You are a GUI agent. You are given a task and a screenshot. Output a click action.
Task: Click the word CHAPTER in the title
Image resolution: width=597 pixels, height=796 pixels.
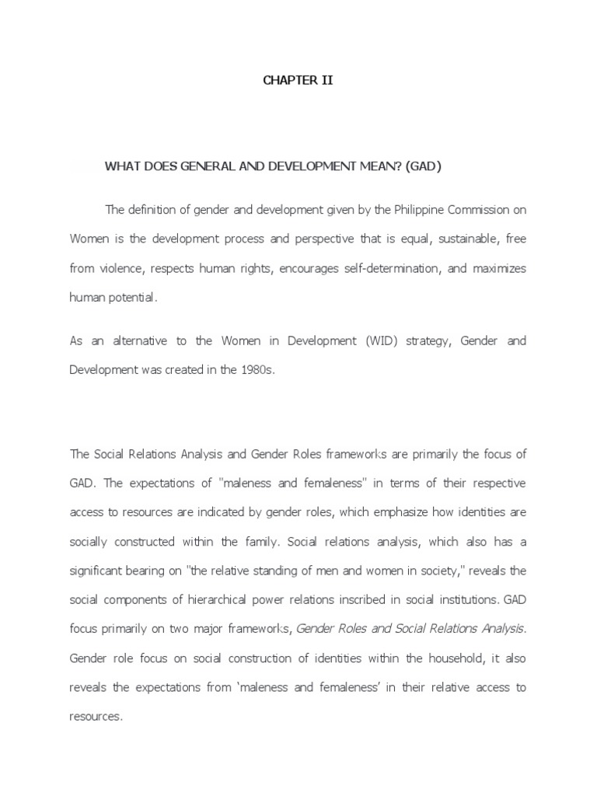pos(285,80)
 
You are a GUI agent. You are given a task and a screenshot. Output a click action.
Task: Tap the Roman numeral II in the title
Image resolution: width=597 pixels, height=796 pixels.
pos(326,80)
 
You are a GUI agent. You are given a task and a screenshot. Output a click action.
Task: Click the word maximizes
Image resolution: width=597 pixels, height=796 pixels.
pos(497,268)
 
